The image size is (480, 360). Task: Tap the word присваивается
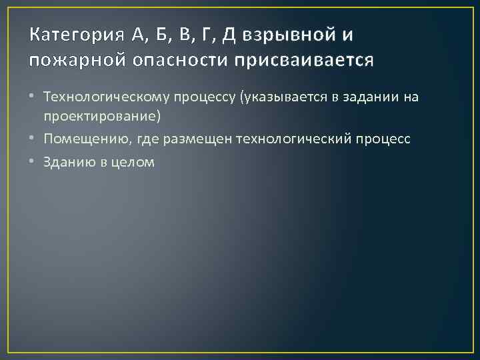pyautogui.click(x=303, y=61)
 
